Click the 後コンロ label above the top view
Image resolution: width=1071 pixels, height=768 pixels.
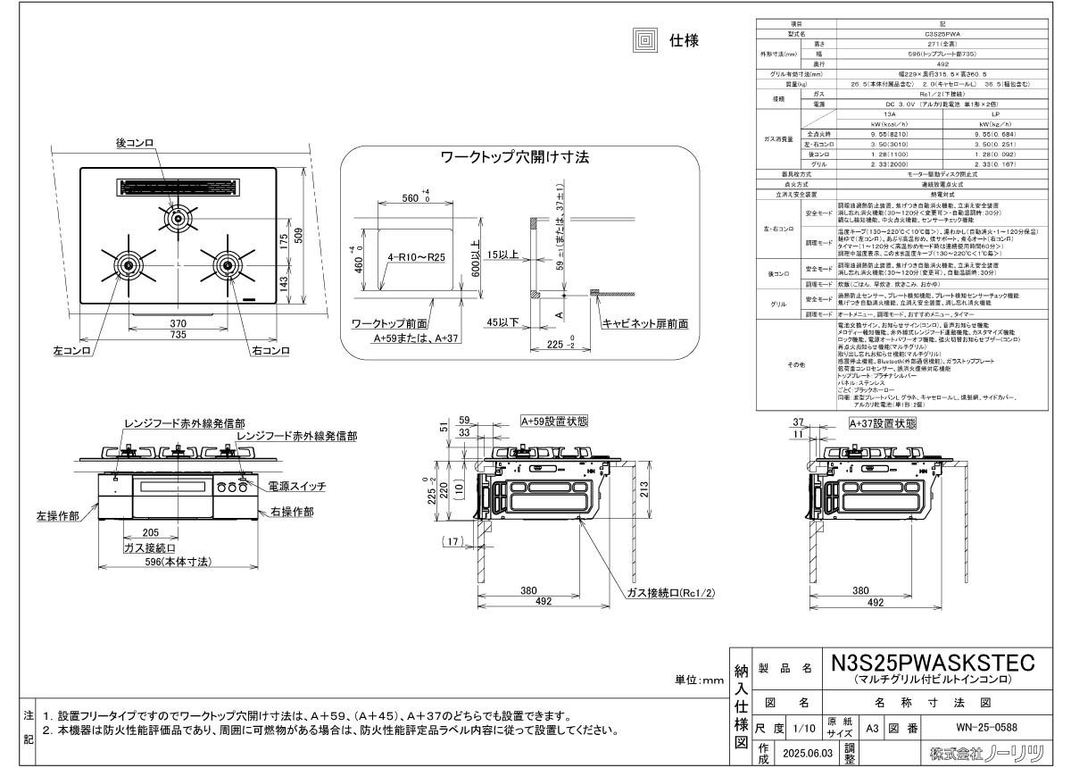tap(136, 142)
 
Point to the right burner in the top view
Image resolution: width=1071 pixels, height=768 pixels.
tap(224, 264)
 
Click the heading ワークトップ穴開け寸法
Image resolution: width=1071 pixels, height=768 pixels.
tap(515, 157)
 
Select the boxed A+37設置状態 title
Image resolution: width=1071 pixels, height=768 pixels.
tap(882, 423)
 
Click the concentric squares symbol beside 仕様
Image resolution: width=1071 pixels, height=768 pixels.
tap(644, 39)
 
